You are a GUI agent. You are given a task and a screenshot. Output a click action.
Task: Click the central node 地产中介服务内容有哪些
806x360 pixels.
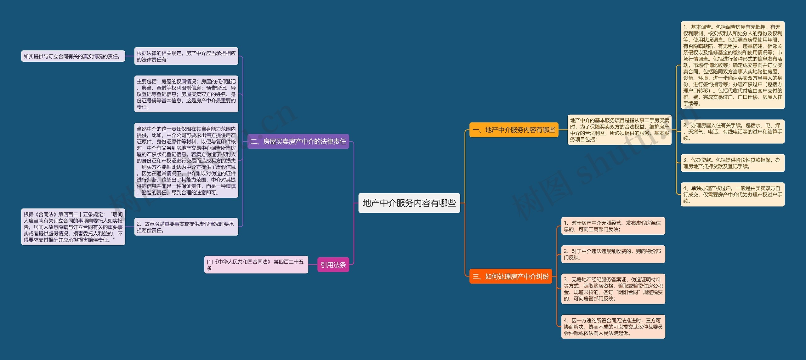pos(409,203)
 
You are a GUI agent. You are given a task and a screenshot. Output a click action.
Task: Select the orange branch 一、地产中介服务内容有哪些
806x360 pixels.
pos(514,130)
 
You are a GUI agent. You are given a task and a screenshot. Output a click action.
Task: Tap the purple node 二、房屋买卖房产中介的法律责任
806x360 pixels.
pos(298,141)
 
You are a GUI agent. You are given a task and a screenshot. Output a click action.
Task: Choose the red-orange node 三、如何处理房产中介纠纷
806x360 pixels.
pos(510,277)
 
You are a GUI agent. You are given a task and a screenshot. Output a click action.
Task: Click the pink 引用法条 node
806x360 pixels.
pos(333,265)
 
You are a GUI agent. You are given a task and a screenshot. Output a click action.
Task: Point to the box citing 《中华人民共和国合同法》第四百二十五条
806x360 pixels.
pos(256,265)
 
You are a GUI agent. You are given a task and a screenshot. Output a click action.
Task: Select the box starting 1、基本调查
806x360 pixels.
pos(732,65)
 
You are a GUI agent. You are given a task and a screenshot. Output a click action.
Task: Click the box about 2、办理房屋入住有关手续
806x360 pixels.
pos(732,132)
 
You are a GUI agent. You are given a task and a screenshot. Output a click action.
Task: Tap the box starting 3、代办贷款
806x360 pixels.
pos(732,163)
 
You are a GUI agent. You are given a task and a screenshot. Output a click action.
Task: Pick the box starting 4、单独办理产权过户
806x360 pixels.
pos(732,195)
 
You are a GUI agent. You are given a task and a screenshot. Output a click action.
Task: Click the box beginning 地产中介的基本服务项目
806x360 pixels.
pos(619,130)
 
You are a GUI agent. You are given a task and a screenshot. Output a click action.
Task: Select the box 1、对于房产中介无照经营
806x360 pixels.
pos(613,226)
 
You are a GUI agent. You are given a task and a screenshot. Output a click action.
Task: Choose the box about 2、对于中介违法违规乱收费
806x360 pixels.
pos(613,254)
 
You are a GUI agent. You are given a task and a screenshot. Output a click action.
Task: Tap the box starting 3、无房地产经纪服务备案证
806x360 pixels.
pos(613,289)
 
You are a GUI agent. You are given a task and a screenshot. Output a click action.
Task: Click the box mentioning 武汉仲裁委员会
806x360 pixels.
pos(613,327)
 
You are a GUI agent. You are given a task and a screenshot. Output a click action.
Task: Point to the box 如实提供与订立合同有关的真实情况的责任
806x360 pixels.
pos(73,56)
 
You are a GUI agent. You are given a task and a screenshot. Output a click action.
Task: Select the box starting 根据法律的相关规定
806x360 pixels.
pos(186,56)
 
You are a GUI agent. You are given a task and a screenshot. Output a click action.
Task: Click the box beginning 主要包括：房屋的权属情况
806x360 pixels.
pos(186,94)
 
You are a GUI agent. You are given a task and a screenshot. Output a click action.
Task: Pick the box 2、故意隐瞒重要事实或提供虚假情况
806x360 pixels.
pos(186,227)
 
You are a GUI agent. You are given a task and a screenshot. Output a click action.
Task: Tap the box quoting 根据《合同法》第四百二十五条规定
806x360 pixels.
pos(73,227)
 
